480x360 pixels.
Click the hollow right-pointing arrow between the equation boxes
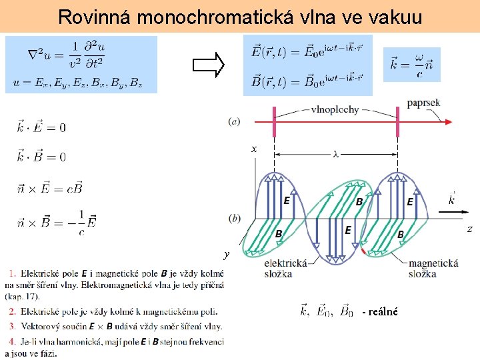coord(207,65)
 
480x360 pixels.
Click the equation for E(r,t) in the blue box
coord(307,51)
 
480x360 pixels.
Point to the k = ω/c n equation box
coord(411,65)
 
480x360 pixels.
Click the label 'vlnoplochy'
coord(335,109)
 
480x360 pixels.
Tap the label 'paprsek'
coord(423,105)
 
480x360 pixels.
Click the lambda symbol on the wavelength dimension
coord(335,154)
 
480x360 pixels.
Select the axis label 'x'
coord(254,149)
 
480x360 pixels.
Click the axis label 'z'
coord(469,229)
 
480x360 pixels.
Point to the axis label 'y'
coord(227,254)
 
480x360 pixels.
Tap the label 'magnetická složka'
coord(433,268)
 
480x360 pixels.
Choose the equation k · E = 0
coord(41,127)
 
